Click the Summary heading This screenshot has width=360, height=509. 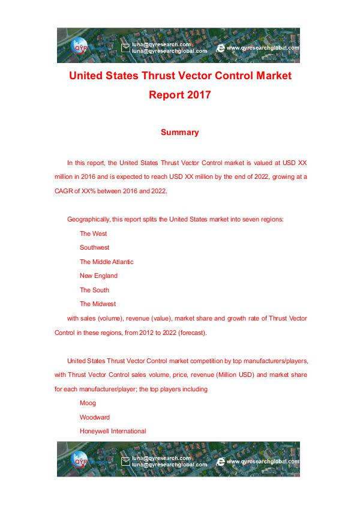(179, 132)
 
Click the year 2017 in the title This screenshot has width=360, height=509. (197, 95)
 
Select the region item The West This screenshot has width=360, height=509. (93, 233)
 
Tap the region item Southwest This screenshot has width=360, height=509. (94, 247)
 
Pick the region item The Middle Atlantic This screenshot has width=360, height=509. (106, 262)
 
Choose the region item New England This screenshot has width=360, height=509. (98, 276)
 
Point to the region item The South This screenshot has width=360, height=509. (94, 290)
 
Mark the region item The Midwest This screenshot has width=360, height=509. (98, 304)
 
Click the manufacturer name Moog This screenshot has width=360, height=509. (88, 403)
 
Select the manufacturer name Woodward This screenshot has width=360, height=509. (95, 417)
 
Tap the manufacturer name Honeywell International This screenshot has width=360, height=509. (113, 431)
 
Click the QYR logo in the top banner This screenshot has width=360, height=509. (80, 47)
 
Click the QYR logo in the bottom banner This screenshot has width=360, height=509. (80, 461)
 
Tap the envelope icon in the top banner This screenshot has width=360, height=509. (125, 47)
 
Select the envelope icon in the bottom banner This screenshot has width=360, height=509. (125, 462)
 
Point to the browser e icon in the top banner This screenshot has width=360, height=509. (220, 47)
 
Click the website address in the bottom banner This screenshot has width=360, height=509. (262, 462)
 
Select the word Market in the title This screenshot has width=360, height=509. (269, 77)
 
